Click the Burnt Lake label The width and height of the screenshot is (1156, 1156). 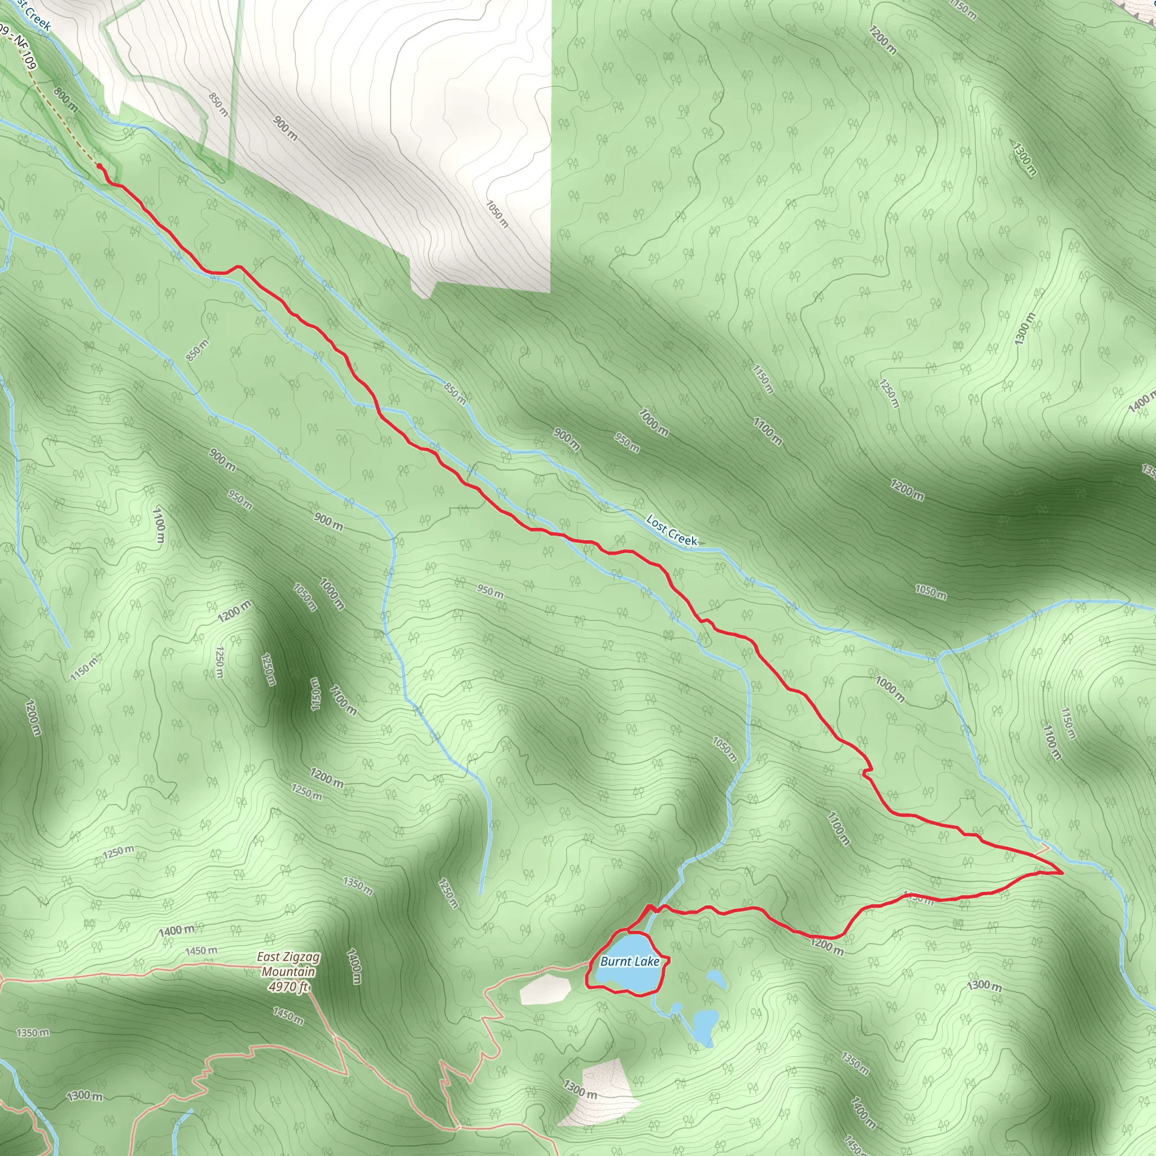pyautogui.click(x=629, y=961)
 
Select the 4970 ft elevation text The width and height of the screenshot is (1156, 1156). pyautogui.click(x=288, y=986)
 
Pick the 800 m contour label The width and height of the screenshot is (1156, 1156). pyautogui.click(x=64, y=99)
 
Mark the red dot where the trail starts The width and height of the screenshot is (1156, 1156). pyautogui.click(x=99, y=165)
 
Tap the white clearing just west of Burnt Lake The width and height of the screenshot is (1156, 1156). pyautogui.click(x=544, y=988)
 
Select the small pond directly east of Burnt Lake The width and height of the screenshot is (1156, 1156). pyautogui.click(x=717, y=979)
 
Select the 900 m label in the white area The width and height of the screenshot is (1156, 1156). pyautogui.click(x=286, y=128)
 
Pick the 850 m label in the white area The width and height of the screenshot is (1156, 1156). pyautogui.click(x=218, y=105)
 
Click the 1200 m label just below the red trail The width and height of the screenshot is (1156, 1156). pyautogui.click(x=827, y=947)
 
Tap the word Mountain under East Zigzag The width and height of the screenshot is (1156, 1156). pyautogui.click(x=288, y=972)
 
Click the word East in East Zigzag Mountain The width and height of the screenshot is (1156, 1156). pyautogui.click(x=268, y=957)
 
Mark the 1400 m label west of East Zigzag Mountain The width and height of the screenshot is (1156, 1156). pyautogui.click(x=177, y=930)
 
